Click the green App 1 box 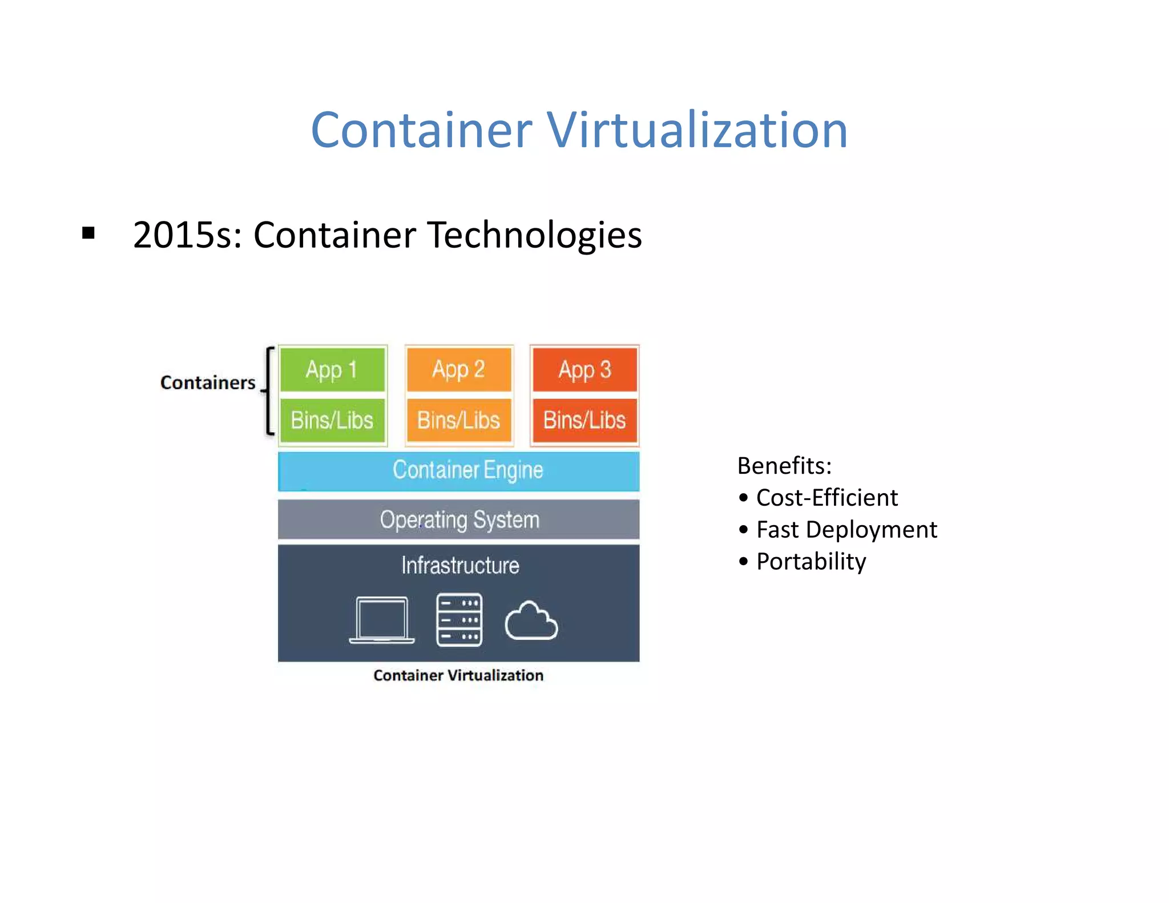click(332, 370)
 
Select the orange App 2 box click(458, 370)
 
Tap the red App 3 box click(584, 370)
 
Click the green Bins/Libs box click(332, 421)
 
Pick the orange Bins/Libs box click(458, 421)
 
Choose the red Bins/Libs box click(584, 421)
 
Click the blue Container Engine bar click(458, 471)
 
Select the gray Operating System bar click(458, 519)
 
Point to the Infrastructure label click(460, 566)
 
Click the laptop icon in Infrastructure click(382, 620)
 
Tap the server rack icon click(459, 620)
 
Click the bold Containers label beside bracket click(208, 382)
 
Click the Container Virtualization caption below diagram click(458, 675)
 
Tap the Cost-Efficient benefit click(827, 498)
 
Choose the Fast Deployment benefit click(846, 530)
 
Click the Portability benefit click(811, 562)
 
